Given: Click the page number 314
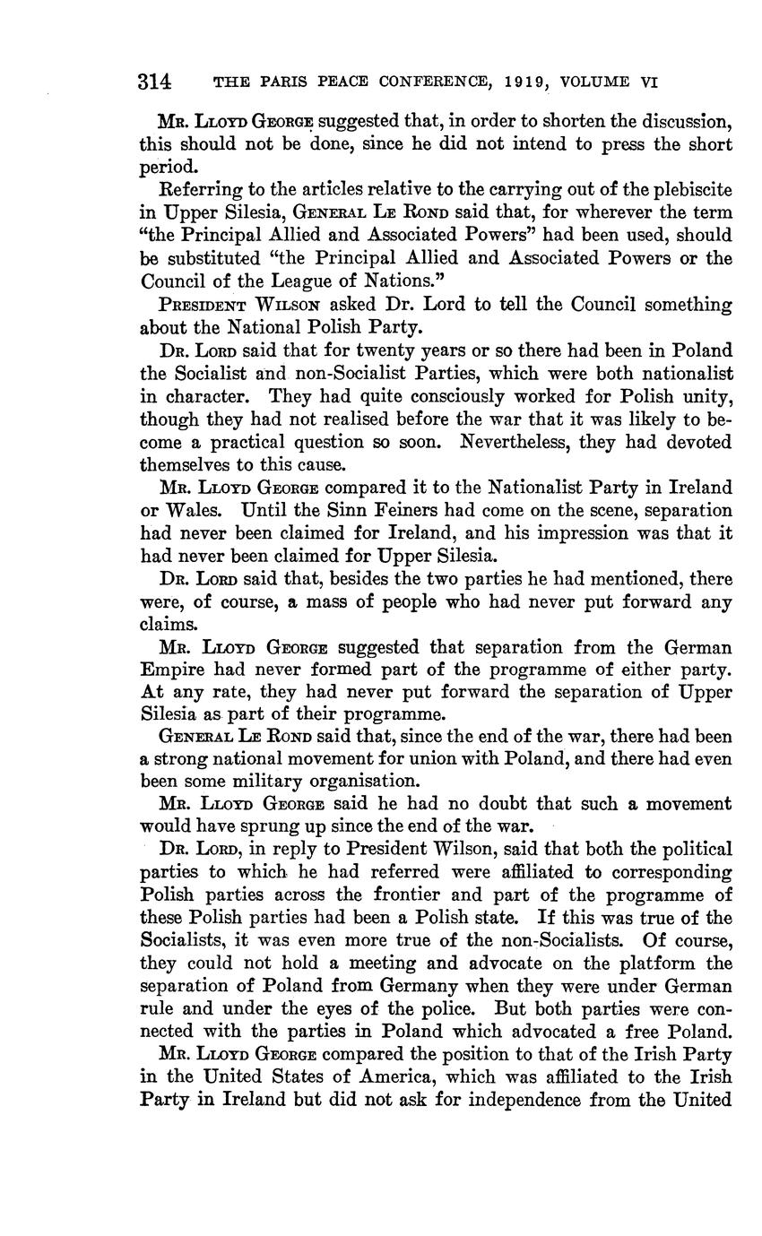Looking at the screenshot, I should [154, 82].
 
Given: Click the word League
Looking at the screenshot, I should [257, 281].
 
